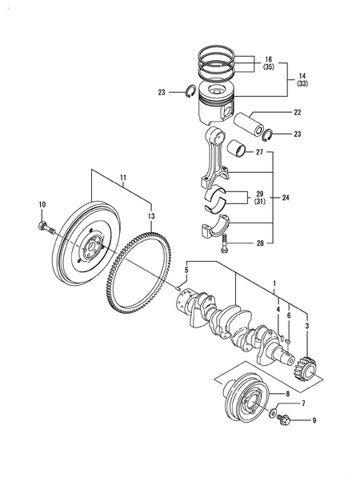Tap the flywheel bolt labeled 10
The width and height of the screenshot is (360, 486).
tap(43, 228)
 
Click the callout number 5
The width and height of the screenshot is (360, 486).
tap(187, 271)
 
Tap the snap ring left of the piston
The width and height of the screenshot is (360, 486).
tap(189, 91)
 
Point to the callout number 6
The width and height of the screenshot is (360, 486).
tap(289, 315)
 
